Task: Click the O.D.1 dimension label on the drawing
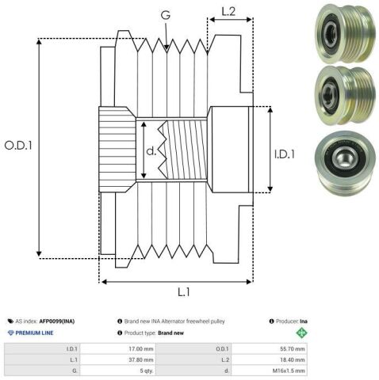18,146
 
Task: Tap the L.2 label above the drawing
228,12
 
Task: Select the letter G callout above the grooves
166,15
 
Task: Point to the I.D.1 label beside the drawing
285,154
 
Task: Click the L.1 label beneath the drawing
184,292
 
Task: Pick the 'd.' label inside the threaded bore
151,150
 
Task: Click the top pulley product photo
346,33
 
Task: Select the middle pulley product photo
346,95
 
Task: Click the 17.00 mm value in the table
141,349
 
